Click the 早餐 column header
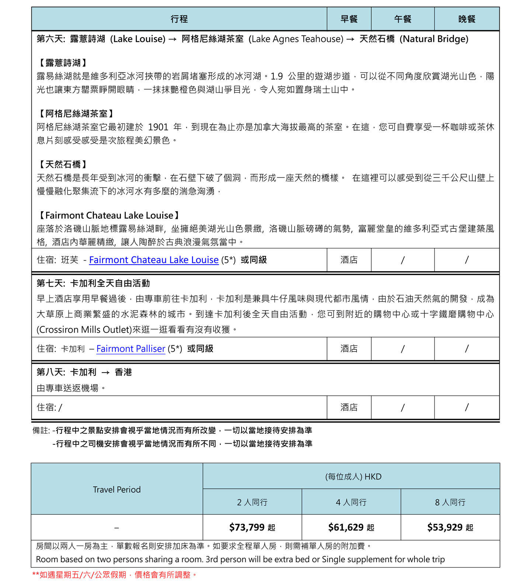(349, 19)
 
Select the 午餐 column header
(402, 19)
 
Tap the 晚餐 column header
(466, 19)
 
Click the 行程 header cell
(179, 19)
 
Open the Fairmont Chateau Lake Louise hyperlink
(154, 260)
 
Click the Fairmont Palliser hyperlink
(131, 349)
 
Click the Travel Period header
(117, 489)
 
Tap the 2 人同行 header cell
(252, 502)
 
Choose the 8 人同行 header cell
(450, 502)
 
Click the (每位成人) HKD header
(353, 476)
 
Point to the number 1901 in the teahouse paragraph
(158, 127)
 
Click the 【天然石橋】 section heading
(63, 164)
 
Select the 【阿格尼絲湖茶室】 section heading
(76, 113)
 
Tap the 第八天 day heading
(84, 372)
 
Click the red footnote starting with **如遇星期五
(115, 574)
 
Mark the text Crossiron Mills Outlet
(84, 329)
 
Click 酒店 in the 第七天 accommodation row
(349, 349)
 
